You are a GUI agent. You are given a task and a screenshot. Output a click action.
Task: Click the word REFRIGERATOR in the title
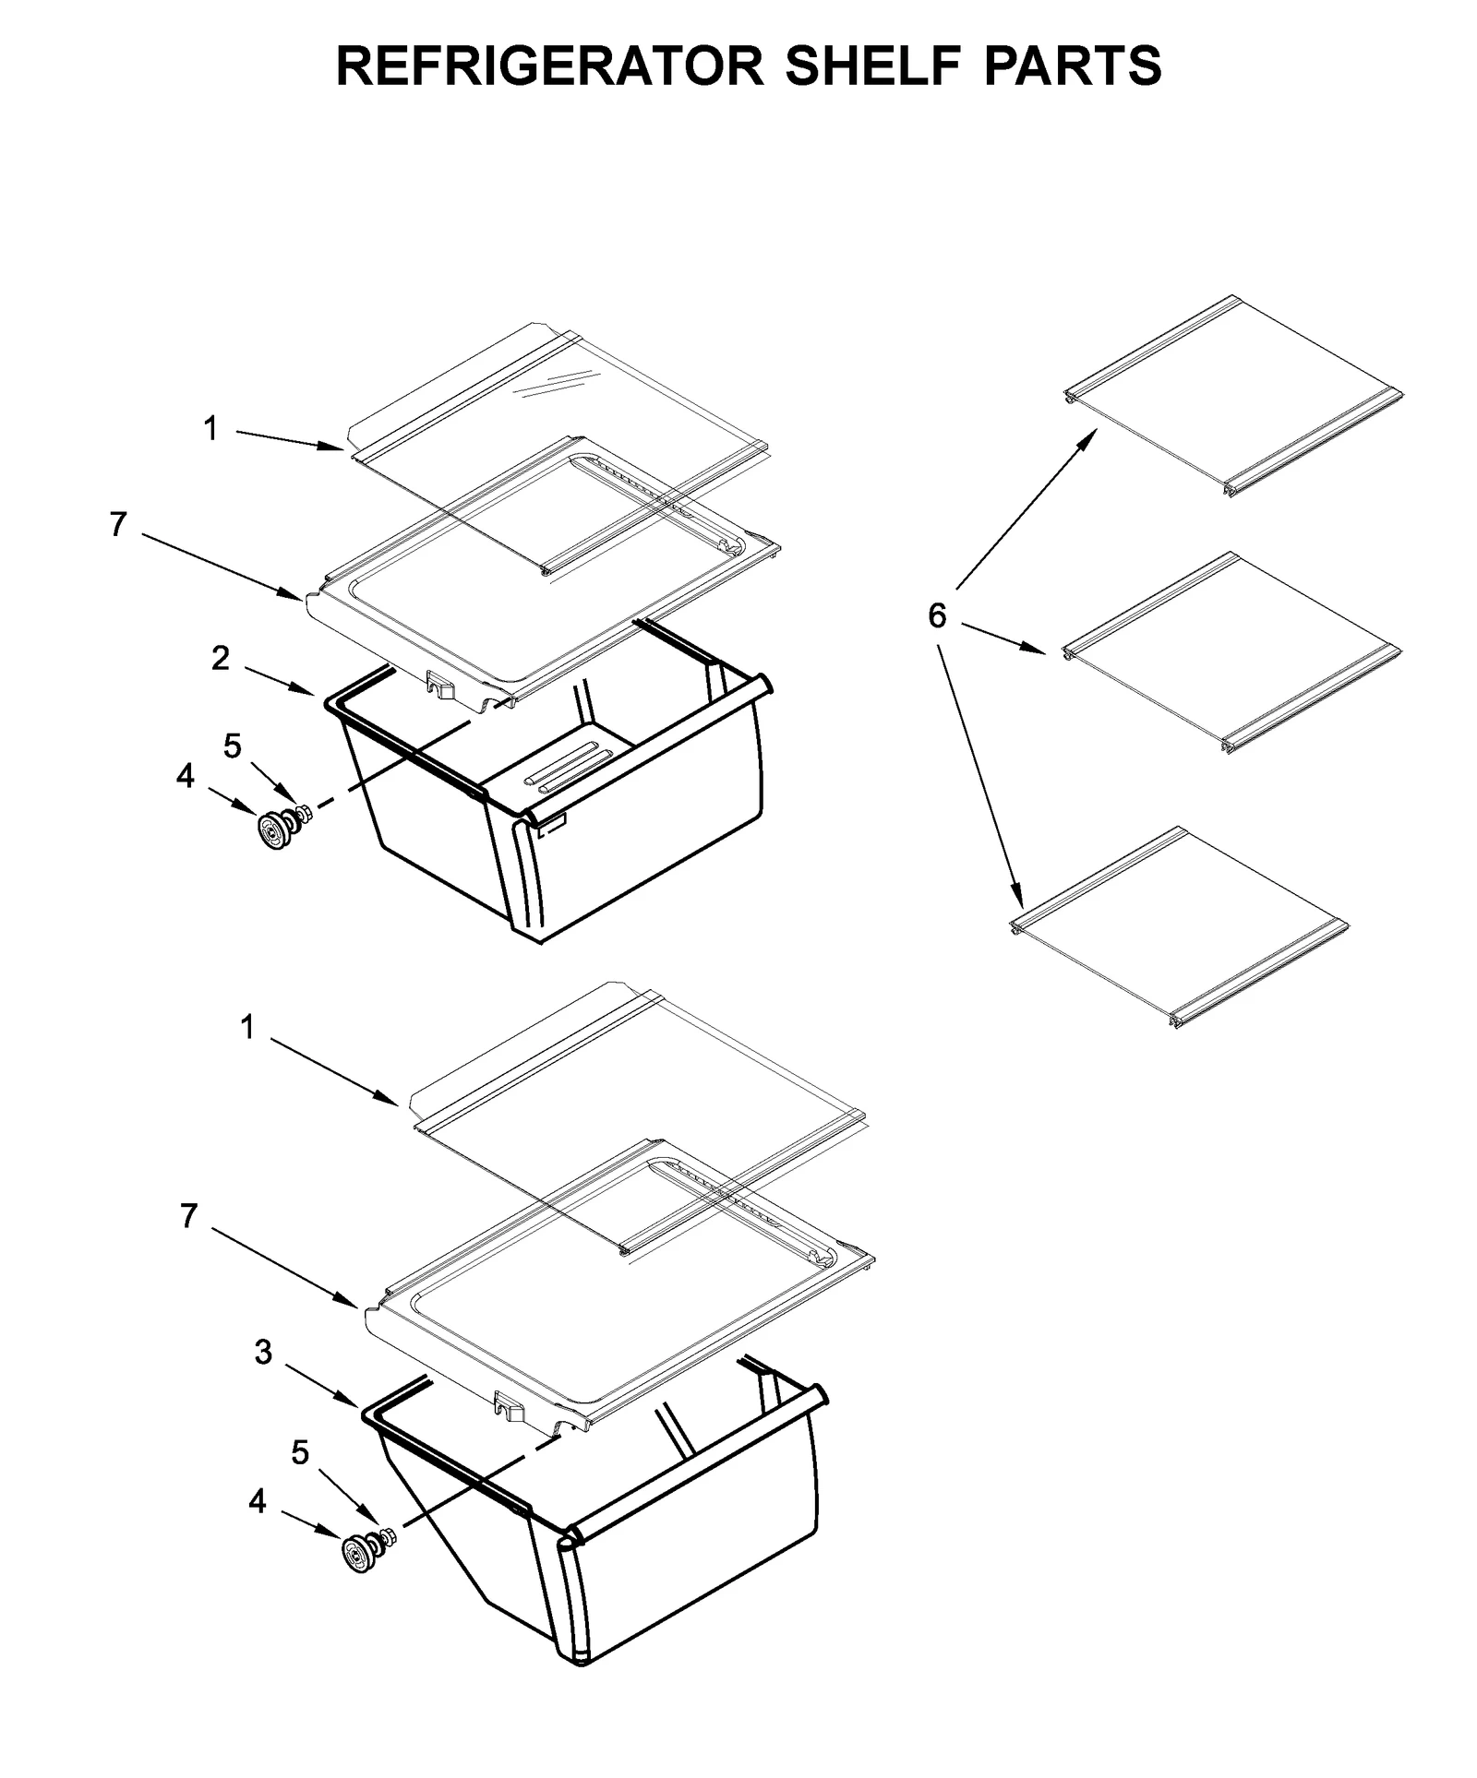click(548, 66)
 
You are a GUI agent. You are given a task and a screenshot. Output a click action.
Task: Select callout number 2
click(221, 658)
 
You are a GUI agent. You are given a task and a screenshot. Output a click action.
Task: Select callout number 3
click(263, 1353)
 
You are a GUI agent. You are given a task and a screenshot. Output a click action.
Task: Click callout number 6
click(937, 615)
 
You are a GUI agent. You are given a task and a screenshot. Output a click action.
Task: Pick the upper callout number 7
click(117, 524)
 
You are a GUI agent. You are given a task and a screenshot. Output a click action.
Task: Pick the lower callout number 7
click(188, 1217)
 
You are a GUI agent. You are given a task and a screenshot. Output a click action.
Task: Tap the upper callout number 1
click(210, 428)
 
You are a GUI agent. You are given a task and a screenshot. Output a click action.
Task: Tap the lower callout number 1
click(246, 1027)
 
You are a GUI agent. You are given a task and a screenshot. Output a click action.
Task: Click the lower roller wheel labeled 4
click(358, 1554)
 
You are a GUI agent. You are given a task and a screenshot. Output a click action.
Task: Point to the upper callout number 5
click(233, 746)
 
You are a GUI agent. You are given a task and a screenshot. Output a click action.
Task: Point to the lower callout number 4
click(257, 1502)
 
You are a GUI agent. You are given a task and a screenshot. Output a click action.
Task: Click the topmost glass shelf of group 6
click(1232, 397)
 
